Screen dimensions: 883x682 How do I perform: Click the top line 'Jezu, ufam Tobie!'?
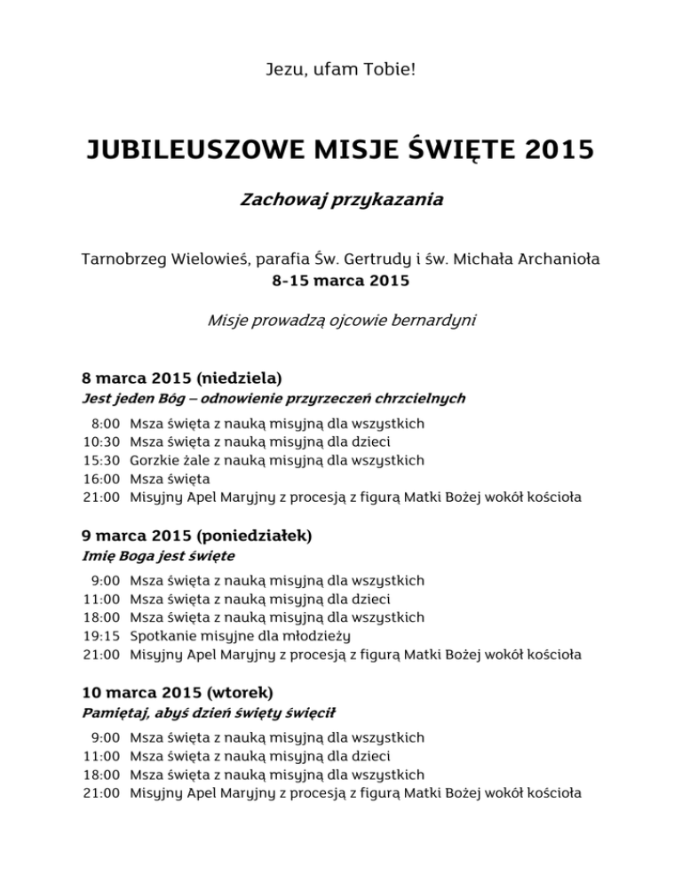tap(341, 68)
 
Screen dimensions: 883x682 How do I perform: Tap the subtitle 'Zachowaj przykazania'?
tap(341, 201)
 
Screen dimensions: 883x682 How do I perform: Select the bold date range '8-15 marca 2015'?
tap(341, 282)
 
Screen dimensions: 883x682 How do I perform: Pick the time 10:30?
tap(101, 441)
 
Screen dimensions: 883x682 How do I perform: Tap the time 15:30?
tap(101, 460)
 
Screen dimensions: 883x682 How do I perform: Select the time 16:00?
tap(101, 479)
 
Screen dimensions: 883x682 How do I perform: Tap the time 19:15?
tap(101, 636)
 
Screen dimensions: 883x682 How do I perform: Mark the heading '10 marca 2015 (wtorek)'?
tap(177, 692)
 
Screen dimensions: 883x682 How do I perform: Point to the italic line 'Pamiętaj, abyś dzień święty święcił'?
tap(208, 712)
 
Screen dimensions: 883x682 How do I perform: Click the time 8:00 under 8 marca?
tap(105, 423)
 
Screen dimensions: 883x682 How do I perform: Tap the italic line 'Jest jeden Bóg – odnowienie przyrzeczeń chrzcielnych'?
tap(274, 398)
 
